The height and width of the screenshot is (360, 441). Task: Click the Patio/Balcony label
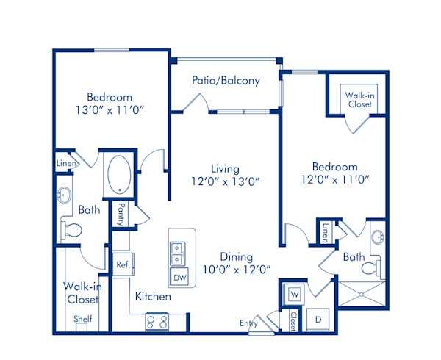[x=226, y=81]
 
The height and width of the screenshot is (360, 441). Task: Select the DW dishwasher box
[x=179, y=277]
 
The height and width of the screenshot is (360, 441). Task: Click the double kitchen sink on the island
[x=178, y=253]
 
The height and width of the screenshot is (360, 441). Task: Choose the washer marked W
[x=295, y=295]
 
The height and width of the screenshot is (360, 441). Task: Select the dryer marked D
[x=319, y=320]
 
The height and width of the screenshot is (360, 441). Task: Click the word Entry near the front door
[x=249, y=323]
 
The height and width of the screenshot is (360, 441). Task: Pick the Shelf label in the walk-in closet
[x=82, y=320]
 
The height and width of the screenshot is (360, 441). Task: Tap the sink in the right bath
[x=377, y=237]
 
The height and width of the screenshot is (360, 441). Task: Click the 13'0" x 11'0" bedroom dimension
[x=110, y=111]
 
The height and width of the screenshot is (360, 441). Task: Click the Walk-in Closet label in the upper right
[x=359, y=99]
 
